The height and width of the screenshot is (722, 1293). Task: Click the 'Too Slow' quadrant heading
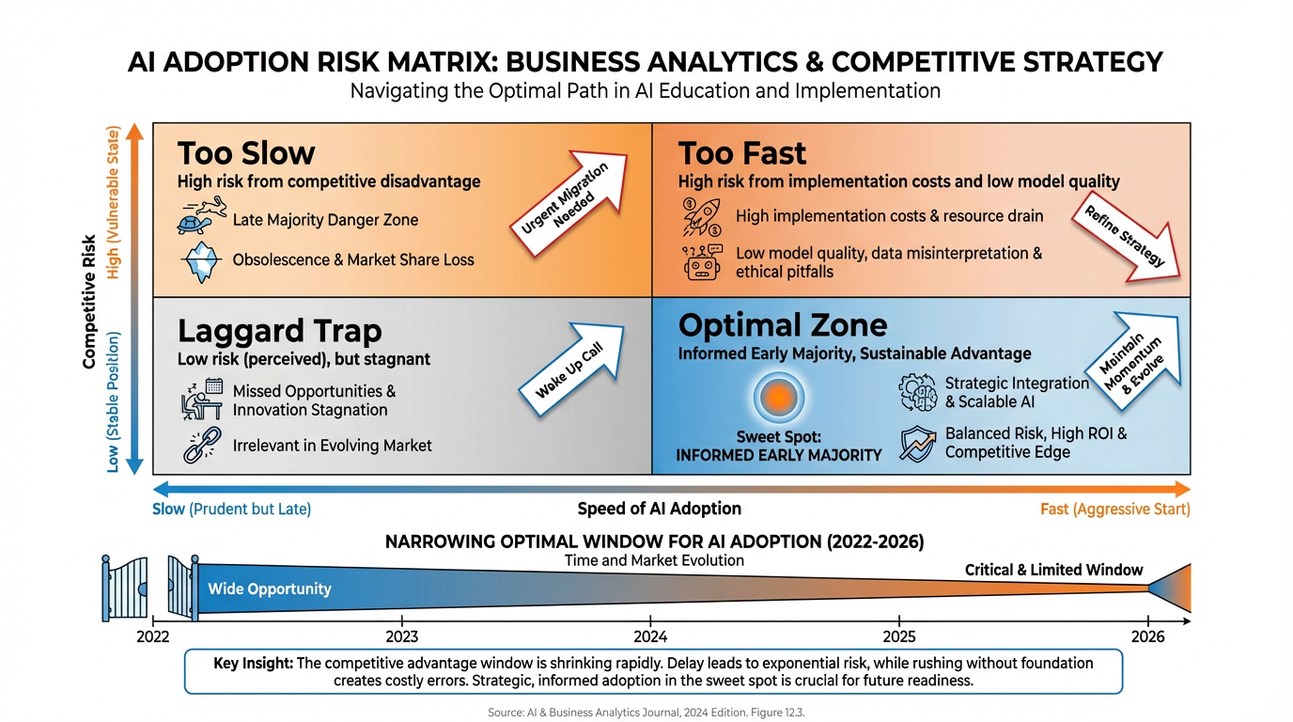click(246, 153)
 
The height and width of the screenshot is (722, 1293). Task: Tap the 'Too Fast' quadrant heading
click(742, 153)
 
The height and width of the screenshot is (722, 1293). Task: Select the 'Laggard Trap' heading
click(279, 331)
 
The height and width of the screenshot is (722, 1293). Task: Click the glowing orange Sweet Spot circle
click(778, 397)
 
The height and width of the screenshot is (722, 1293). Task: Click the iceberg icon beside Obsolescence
click(199, 260)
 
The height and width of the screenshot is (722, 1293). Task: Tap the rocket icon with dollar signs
click(702, 216)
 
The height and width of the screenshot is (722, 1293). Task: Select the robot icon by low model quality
click(702, 262)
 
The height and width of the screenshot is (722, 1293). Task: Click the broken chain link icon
click(200, 446)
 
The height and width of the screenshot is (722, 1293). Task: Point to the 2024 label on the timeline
click(650, 636)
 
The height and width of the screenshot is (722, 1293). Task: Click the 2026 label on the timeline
click(1147, 636)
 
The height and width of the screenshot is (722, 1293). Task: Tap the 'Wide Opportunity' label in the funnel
click(270, 589)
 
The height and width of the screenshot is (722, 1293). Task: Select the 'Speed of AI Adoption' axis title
click(659, 509)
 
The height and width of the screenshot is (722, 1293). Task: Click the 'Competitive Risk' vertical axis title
click(90, 301)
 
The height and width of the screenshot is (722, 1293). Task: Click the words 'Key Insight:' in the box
click(253, 664)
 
